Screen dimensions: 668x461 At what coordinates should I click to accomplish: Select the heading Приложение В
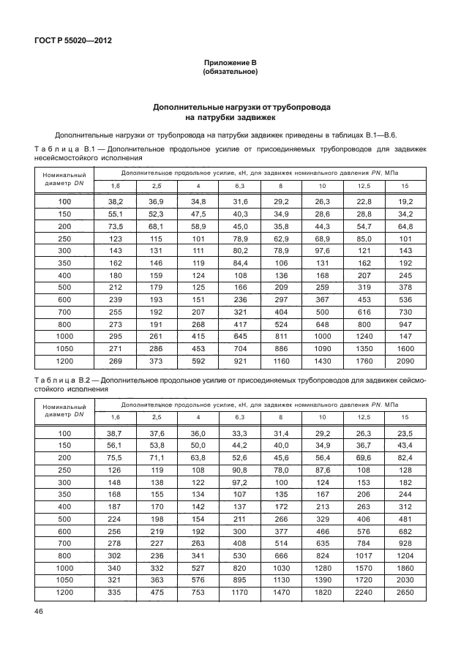[230, 64]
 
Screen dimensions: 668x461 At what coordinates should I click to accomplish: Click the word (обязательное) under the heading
[230, 72]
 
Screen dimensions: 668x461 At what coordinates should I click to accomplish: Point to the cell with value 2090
[405, 361]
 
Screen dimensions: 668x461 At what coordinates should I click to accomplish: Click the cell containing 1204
[405, 556]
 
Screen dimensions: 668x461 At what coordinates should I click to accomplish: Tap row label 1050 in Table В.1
[65, 349]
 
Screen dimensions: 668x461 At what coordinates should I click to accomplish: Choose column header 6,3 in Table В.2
[239, 417]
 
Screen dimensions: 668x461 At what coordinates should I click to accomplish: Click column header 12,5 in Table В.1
[364, 186]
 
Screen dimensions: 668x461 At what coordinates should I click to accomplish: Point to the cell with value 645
[239, 337]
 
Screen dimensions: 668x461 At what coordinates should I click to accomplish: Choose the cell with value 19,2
[405, 200]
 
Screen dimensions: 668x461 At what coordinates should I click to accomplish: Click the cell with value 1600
[405, 349]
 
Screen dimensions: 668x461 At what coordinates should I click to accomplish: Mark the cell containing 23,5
[405, 433]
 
